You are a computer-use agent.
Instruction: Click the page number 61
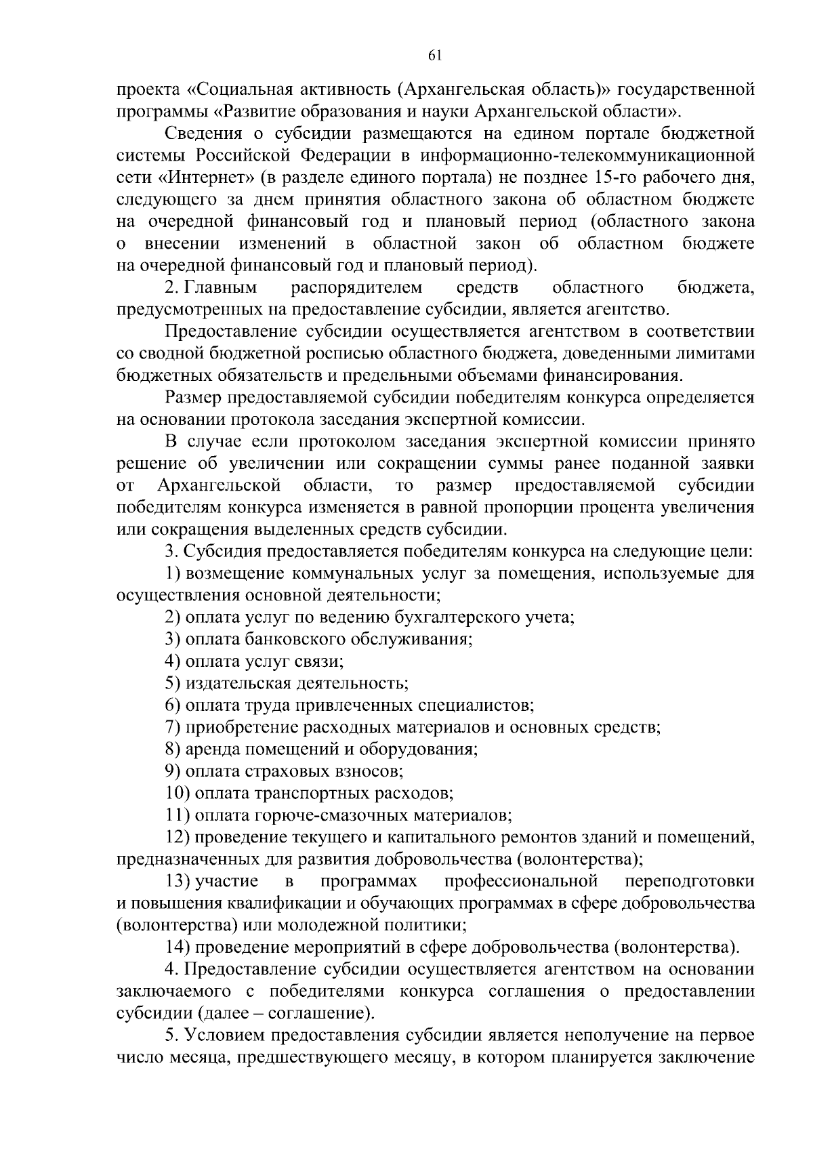click(x=435, y=56)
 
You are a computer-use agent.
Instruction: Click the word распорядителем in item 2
click(x=357, y=288)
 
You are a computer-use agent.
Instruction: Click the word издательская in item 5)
click(x=234, y=683)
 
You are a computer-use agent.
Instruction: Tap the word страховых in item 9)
click(x=292, y=771)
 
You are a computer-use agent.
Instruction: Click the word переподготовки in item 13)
click(x=690, y=881)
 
